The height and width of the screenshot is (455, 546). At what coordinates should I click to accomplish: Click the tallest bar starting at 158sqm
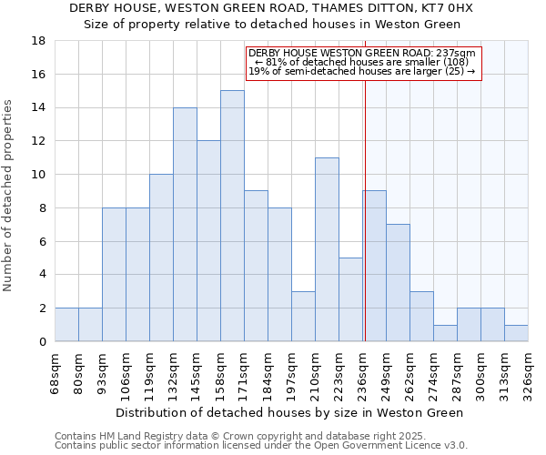click(x=232, y=216)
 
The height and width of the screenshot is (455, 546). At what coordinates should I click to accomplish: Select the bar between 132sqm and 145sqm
click(x=185, y=224)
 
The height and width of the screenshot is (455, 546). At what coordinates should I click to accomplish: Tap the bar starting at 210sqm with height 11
click(x=327, y=249)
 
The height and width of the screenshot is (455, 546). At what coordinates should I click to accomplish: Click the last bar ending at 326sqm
click(x=516, y=333)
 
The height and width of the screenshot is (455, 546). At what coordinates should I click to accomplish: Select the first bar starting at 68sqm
click(x=66, y=325)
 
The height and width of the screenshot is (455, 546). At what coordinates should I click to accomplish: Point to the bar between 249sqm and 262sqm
click(x=398, y=282)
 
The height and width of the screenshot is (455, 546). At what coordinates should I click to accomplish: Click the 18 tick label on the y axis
click(x=38, y=41)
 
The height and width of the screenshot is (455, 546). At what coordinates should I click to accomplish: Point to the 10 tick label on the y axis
click(x=38, y=175)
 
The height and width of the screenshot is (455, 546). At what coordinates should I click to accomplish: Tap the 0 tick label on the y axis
click(x=42, y=341)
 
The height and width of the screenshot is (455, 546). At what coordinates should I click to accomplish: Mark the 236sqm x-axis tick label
click(x=363, y=369)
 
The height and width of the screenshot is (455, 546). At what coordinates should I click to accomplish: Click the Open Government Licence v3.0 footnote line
click(x=261, y=446)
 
